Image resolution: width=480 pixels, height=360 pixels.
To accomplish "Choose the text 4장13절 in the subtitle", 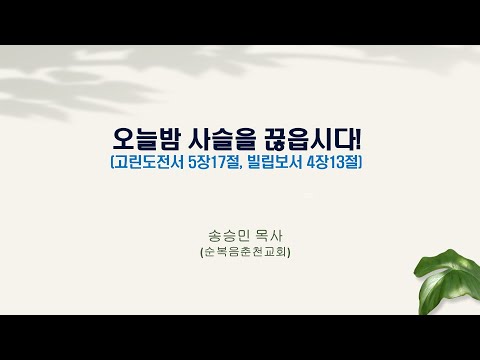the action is pyautogui.click(x=333, y=163).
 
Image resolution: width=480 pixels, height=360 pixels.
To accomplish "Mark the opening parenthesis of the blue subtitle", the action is pyautogui.click(x=113, y=163).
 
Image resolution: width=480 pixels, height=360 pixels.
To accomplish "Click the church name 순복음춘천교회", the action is pyautogui.click(x=245, y=252).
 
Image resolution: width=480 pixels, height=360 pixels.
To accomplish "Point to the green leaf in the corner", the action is pyautogui.click(x=447, y=285).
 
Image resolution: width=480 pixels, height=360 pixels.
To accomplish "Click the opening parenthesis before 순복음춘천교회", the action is pyautogui.click(x=202, y=252).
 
